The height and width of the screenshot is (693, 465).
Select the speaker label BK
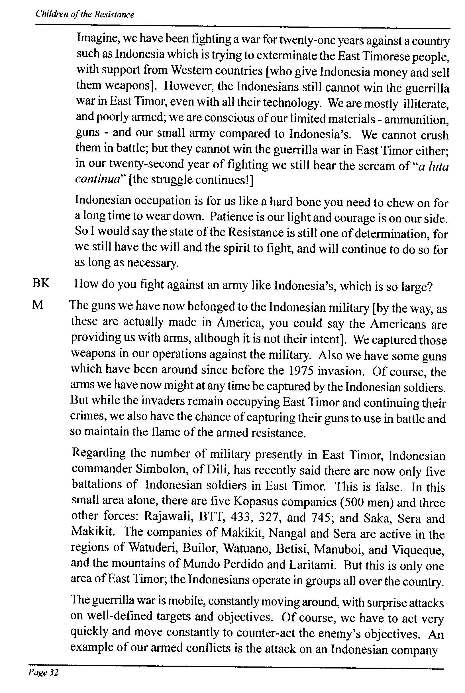point(41,283)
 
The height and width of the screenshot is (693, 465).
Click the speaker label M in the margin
point(38,305)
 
